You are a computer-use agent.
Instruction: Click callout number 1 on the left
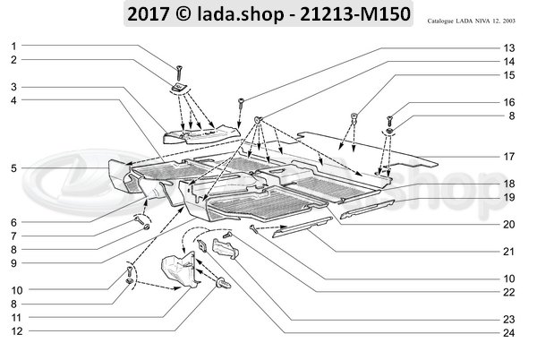click(13, 46)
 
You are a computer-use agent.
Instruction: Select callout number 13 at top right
click(508, 47)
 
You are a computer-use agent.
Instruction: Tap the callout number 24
click(508, 334)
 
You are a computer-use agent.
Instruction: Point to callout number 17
click(508, 156)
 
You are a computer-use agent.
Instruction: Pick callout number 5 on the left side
click(13, 167)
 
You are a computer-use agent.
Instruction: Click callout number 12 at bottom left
click(13, 331)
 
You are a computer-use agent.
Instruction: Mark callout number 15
click(508, 76)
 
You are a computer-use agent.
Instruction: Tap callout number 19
click(508, 196)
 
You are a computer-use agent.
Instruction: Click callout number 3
click(13, 87)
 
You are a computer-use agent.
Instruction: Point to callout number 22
click(508, 291)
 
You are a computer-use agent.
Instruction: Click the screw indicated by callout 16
click(391, 118)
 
